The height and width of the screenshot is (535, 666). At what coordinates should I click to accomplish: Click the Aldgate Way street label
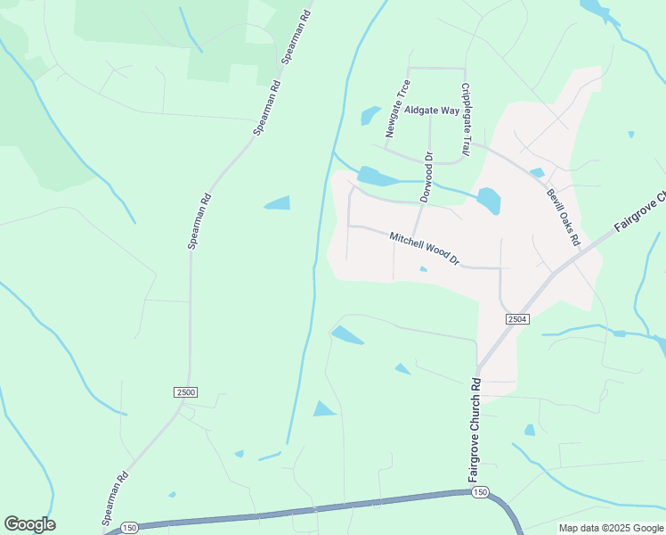coord(432,111)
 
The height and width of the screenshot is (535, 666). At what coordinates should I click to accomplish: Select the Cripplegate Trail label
coord(465,119)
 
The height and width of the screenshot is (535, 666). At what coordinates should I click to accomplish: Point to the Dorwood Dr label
coord(426,177)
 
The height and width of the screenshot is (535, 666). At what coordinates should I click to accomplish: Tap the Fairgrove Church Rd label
coord(475,431)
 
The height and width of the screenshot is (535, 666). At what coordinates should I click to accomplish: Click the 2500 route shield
coord(185,392)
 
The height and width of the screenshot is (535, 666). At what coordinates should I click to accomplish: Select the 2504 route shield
coord(517,319)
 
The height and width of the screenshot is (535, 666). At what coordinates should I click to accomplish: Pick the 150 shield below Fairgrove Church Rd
coord(480,492)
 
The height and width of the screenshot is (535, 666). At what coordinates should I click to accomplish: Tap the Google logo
coord(29,524)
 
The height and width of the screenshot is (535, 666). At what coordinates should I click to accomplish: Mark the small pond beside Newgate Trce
coord(370,116)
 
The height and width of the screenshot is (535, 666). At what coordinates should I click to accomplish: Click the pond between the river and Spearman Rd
coord(278,203)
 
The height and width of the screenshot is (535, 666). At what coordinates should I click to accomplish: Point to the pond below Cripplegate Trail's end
coord(488,201)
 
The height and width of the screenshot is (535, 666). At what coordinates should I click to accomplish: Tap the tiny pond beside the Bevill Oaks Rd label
coord(536,173)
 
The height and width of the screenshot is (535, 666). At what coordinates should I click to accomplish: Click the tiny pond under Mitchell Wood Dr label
coord(423,269)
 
